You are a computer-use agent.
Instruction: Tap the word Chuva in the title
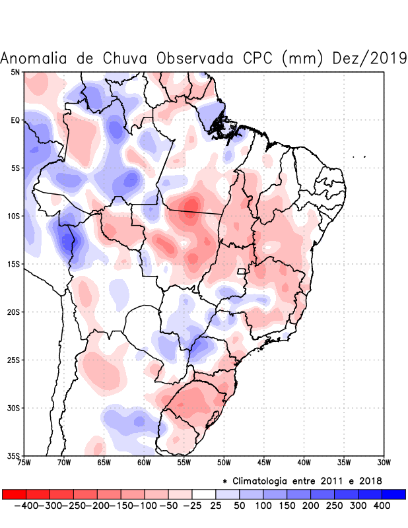tap(123, 58)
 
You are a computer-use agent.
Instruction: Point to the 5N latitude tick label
tap(15, 72)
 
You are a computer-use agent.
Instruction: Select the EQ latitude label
tap(15, 120)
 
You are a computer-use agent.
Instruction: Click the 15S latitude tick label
tap(13, 264)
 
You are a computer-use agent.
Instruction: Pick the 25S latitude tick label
tap(13, 360)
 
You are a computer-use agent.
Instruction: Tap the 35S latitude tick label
tap(13, 455)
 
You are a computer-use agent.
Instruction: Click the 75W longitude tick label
tap(24, 462)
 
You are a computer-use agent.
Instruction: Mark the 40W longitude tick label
tap(304, 462)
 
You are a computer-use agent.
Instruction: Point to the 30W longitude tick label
tap(384, 462)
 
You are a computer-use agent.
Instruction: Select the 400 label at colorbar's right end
tap(381, 505)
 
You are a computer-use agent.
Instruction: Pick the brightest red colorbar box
tap(14, 494)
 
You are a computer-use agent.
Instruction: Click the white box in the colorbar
tap(203, 494)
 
